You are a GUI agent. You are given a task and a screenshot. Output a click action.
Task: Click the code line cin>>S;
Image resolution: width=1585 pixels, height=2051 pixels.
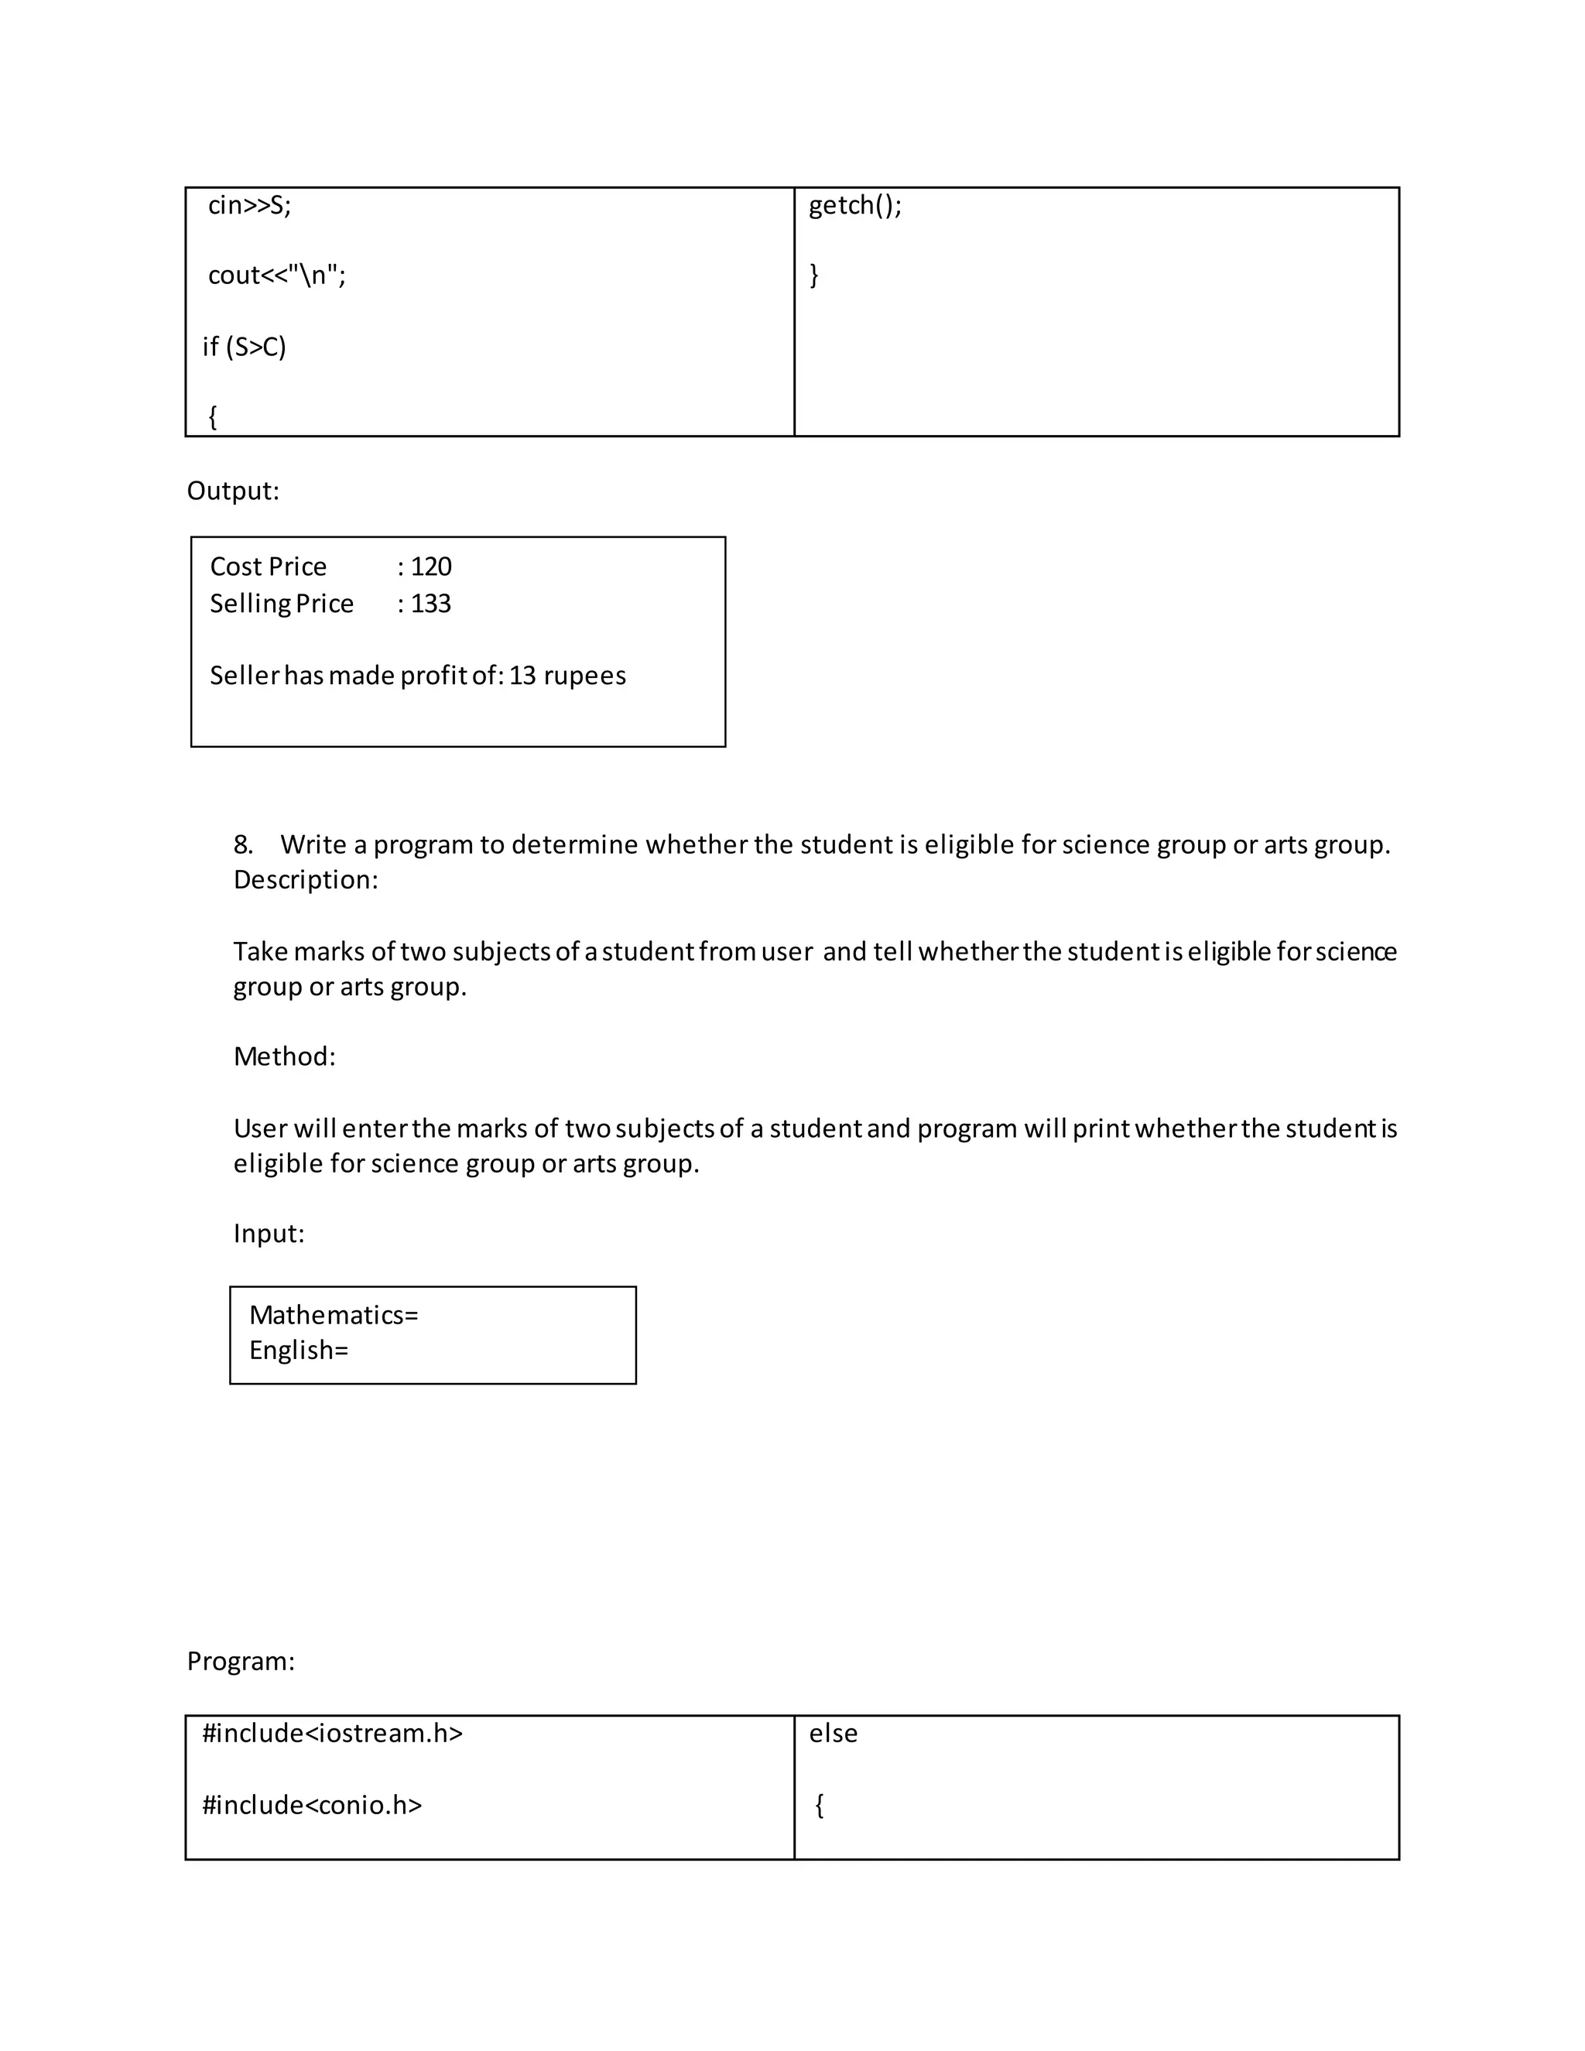click(x=249, y=205)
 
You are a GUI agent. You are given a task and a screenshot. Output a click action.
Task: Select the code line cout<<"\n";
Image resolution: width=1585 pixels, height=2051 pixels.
click(x=276, y=276)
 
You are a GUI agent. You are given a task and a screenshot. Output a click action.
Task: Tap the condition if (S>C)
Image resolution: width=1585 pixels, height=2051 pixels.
click(x=244, y=347)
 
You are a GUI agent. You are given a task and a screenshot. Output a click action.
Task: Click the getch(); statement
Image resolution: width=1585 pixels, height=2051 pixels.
click(x=854, y=205)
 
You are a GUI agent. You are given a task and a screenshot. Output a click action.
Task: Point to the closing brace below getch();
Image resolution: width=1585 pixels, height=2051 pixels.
click(x=814, y=276)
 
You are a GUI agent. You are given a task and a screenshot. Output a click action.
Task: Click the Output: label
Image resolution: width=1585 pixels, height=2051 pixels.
click(x=233, y=490)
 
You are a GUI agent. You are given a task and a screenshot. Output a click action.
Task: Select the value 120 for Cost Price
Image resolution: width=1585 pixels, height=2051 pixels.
click(x=431, y=567)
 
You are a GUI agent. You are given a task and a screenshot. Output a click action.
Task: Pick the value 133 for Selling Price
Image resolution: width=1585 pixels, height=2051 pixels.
click(x=431, y=603)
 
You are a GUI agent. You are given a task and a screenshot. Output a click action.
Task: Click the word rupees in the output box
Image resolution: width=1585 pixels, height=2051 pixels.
click(x=584, y=675)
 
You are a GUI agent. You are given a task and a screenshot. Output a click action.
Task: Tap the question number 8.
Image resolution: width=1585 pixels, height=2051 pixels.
click(x=243, y=844)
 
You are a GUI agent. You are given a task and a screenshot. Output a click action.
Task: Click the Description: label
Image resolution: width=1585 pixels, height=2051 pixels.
click(x=305, y=880)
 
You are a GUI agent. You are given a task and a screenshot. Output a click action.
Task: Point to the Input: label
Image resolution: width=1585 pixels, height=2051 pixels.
click(x=269, y=1233)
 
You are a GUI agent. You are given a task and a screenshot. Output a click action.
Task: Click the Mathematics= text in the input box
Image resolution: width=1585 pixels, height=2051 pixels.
click(x=334, y=1315)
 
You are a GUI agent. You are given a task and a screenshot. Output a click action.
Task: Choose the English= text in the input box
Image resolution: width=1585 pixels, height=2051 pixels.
click(x=299, y=1351)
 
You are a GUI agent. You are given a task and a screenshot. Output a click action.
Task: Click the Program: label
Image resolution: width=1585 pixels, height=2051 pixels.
click(x=241, y=1660)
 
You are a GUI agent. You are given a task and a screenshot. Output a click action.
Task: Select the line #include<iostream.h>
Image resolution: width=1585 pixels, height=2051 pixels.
click(x=332, y=1733)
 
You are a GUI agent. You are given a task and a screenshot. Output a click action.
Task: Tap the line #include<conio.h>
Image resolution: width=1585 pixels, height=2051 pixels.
click(x=312, y=1804)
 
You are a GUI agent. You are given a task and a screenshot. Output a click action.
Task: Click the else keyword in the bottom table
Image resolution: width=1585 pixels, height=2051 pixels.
click(x=833, y=1733)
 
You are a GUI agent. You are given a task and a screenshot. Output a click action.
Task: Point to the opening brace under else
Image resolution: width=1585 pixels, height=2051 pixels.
click(x=820, y=1804)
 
